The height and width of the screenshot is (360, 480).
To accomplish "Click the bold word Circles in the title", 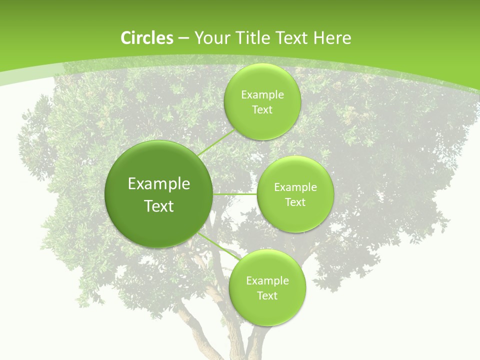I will coord(147,38).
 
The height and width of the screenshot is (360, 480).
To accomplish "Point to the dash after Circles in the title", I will coord(183,38).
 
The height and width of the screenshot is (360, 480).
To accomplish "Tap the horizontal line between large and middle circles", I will coord(235,194).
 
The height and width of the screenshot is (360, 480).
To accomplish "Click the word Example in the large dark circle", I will coord(159,184).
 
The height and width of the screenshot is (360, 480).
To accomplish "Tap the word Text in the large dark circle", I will coord(159,206).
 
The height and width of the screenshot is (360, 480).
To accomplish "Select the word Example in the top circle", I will coord(262,95).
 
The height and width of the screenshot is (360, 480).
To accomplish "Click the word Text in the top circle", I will coord(262,110).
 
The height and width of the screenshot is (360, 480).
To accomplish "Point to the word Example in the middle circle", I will coord(295,187).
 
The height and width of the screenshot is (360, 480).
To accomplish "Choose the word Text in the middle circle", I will coord(295,202).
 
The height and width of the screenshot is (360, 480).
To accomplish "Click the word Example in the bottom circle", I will coord(267,281).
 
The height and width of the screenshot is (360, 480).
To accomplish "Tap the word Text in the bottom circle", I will coord(267,296).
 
